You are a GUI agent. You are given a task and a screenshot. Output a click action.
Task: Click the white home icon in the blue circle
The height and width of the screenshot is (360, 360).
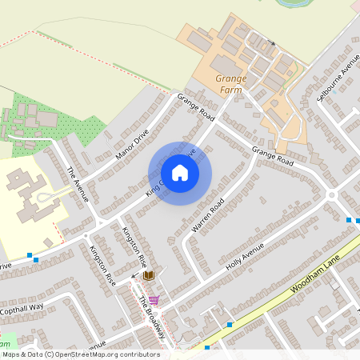pyautogui.click(x=180, y=172)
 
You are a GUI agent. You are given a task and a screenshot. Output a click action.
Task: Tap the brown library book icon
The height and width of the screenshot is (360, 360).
pyautogui.click(x=149, y=275)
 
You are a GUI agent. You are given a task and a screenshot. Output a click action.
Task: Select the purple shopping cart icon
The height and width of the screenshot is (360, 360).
pyautogui.click(x=154, y=300)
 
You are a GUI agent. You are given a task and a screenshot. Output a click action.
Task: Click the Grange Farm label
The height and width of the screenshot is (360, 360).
pyautogui.click(x=231, y=83)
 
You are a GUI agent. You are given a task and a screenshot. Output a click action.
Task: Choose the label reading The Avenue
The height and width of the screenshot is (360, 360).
pyautogui.click(x=77, y=183)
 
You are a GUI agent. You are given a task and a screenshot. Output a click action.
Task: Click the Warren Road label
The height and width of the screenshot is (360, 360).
pyautogui.click(x=206, y=217)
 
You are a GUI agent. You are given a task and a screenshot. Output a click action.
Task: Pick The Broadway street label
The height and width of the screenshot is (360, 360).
pyautogui.click(x=152, y=318)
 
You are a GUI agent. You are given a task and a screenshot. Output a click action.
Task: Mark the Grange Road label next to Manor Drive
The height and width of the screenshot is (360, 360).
pyautogui.click(x=196, y=109)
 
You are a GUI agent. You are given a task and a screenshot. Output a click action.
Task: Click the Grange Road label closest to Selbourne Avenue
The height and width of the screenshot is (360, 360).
pyautogui.click(x=273, y=156)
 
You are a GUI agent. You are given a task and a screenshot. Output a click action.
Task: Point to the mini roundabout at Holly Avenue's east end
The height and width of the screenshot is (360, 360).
pyautogui.click(x=331, y=194)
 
